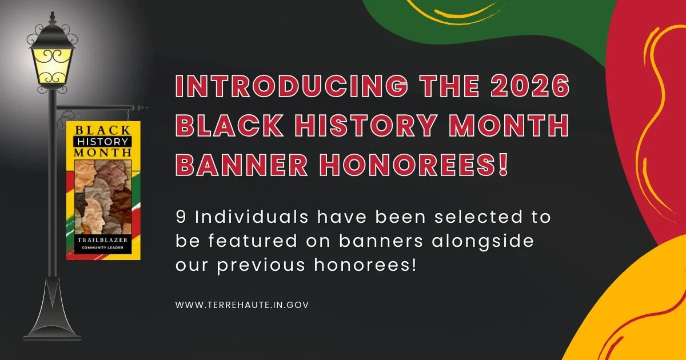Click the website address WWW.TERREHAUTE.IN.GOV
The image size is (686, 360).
(242, 305)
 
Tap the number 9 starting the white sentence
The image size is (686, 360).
(182, 217)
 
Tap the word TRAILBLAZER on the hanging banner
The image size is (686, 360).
(99, 241)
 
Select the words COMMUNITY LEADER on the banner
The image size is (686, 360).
(99, 249)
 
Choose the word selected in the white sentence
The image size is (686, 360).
(466, 217)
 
